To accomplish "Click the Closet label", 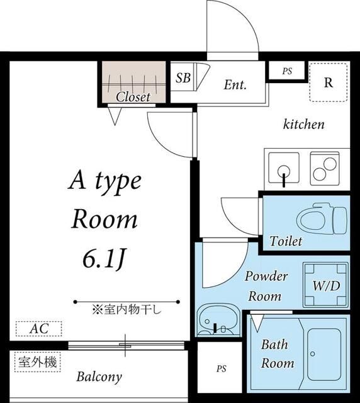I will pyautogui.click(x=133, y=97).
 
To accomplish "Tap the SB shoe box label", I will pyautogui.click(x=183, y=78).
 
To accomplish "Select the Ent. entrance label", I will pyautogui.click(x=235, y=84).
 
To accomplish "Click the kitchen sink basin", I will pyautogui.click(x=284, y=169).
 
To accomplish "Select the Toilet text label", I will pyautogui.click(x=286, y=241).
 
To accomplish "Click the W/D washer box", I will pyautogui.click(x=326, y=285).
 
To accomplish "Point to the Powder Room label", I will pyautogui.click(x=266, y=286).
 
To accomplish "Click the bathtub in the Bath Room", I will pyautogui.click(x=326, y=353).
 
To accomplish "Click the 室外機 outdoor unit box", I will pyautogui.click(x=37, y=361).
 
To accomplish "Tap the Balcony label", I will pyautogui.click(x=99, y=377).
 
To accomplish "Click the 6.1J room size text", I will pyautogui.click(x=104, y=258).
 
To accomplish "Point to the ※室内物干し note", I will pyautogui.click(x=127, y=309).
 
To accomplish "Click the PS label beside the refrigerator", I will pyautogui.click(x=286, y=71).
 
